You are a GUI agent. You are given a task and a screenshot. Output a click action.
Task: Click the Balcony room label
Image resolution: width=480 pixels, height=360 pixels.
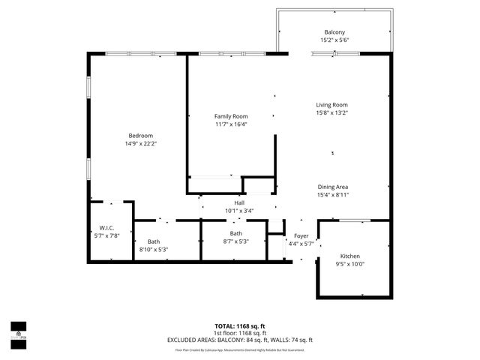334,32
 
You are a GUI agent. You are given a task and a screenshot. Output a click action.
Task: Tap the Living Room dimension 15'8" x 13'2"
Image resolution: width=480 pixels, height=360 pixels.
331,112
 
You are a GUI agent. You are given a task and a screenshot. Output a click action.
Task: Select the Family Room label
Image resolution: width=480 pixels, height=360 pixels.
231,116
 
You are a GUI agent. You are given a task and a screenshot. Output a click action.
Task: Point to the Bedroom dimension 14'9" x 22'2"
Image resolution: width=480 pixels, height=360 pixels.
140,142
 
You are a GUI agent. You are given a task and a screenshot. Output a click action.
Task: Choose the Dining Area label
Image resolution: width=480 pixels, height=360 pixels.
332,187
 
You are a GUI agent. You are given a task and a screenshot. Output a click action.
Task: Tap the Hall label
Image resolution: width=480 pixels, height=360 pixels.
239,202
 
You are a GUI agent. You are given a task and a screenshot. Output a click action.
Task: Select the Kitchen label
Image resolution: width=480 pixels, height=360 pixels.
351,255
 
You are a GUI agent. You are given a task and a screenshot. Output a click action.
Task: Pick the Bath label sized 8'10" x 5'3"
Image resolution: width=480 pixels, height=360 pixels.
153,241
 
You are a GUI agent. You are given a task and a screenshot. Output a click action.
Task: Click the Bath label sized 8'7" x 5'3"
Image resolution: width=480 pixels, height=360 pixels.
236,233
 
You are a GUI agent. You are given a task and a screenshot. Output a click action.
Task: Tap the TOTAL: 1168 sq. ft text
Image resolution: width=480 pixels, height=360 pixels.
240,326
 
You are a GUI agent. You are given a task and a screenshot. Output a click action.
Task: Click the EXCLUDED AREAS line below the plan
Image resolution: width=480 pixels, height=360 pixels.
240,340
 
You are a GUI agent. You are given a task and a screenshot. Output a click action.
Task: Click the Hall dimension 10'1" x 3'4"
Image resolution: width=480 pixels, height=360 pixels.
239,211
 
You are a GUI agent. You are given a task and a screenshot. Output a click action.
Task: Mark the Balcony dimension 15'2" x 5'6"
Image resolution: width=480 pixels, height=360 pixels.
334,40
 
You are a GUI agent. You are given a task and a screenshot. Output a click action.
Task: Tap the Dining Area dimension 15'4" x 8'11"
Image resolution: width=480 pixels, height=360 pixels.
332,195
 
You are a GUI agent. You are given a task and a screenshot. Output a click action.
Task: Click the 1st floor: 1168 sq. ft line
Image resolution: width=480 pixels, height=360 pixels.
240,333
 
